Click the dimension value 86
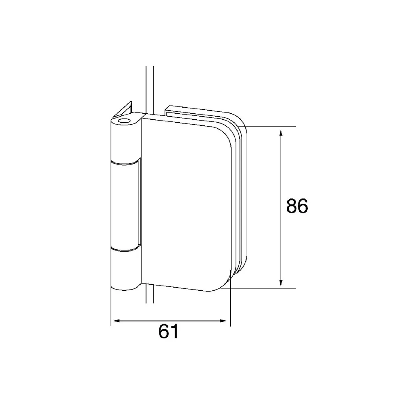pyautogui.click(x=297, y=206)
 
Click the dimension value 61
pyautogui.click(x=169, y=332)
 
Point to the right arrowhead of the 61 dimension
pyautogui.click(x=223, y=321)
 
